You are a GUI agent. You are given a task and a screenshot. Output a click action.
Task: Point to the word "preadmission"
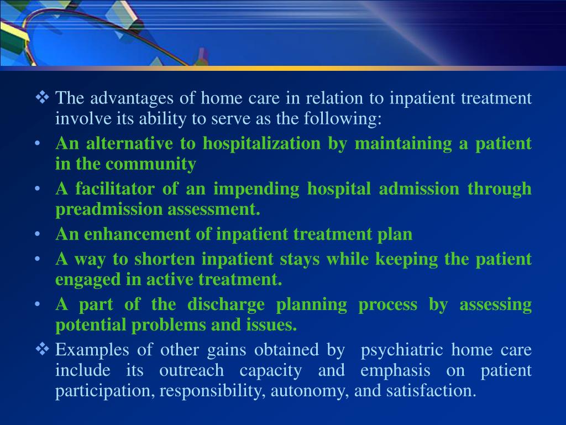[x=91, y=210]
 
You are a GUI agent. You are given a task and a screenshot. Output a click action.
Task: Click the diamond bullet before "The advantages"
[x=43, y=99]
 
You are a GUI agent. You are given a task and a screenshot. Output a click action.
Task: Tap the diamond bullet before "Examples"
[x=43, y=350]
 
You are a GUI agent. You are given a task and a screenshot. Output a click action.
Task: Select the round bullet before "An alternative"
[x=38, y=144]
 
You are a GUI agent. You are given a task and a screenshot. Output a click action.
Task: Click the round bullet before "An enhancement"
[x=38, y=234]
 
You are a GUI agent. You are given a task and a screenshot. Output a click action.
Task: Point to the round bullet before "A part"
[x=38, y=304]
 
